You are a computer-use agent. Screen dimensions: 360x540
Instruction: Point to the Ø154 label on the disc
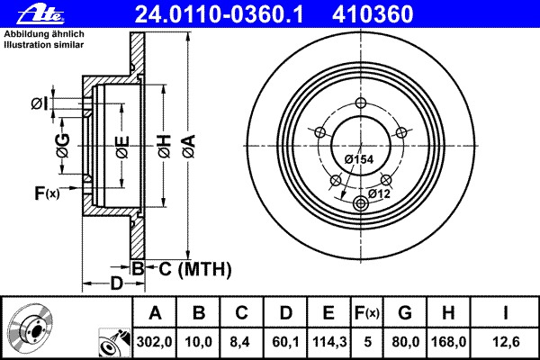(359, 159)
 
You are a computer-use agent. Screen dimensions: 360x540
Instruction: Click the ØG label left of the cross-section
(62, 145)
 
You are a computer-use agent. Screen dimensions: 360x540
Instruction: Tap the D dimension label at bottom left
(115, 284)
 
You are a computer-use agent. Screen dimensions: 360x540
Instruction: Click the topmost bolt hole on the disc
(363, 102)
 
